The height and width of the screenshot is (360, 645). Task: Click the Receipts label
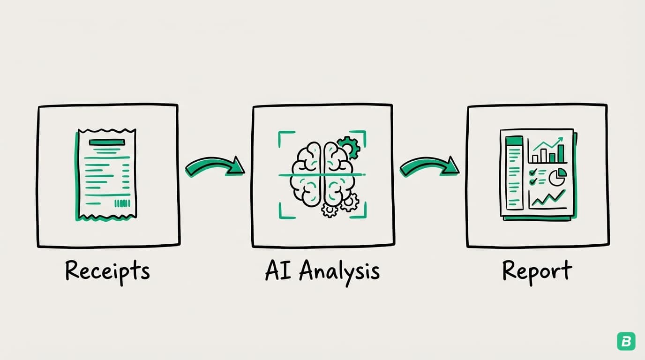click(x=107, y=271)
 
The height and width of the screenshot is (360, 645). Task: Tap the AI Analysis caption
click(x=322, y=271)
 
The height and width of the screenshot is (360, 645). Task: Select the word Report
click(x=537, y=271)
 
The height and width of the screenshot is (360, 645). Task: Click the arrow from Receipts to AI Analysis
click(x=215, y=167)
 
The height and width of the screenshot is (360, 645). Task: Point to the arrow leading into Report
click(x=429, y=166)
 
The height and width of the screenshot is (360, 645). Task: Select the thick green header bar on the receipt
click(x=107, y=142)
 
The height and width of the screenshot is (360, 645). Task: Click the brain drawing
click(x=322, y=175)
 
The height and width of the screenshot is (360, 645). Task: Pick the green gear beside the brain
click(x=349, y=147)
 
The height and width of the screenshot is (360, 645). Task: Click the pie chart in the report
click(x=557, y=178)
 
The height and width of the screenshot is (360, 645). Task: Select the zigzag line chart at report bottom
click(x=547, y=199)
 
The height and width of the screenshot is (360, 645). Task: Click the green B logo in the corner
click(x=625, y=340)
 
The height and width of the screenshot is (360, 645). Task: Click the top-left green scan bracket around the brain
click(x=284, y=137)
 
